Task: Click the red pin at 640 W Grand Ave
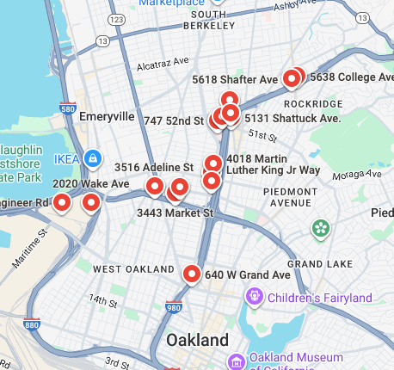pos(192,274)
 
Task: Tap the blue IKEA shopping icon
pos(91,158)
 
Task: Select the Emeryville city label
pos(107,116)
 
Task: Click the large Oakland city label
pos(198,339)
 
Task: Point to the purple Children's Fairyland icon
pos(254,298)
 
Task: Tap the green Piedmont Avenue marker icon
pos(321,228)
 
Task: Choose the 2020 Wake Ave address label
pos(90,184)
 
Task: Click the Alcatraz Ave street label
pos(163,64)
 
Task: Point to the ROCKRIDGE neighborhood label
pos(318,104)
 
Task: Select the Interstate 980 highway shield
pos(174,305)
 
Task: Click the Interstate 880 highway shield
pos(32,325)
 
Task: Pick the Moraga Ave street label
pos(350,175)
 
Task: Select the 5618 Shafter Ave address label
pos(235,79)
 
